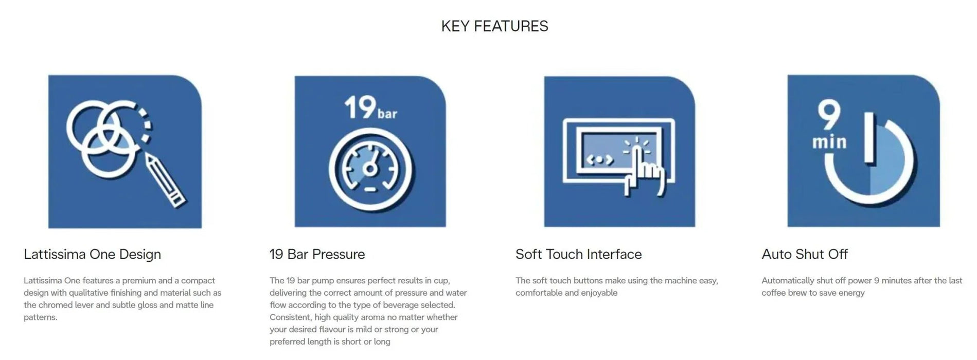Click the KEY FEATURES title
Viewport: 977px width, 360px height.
click(x=494, y=26)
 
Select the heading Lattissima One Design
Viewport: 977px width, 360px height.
click(x=92, y=255)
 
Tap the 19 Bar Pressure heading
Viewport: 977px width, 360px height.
click(x=317, y=254)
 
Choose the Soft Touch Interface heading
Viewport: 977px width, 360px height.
click(x=578, y=254)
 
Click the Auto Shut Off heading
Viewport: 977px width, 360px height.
click(x=805, y=254)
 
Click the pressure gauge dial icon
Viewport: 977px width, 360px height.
click(x=370, y=169)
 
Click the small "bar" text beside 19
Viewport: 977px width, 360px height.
click(x=387, y=113)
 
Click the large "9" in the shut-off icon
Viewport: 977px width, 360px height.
click(x=829, y=116)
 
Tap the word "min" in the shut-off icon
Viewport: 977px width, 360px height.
click(x=829, y=142)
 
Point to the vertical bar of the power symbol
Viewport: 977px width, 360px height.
click(x=869, y=138)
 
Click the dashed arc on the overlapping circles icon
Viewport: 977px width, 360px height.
click(x=145, y=123)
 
